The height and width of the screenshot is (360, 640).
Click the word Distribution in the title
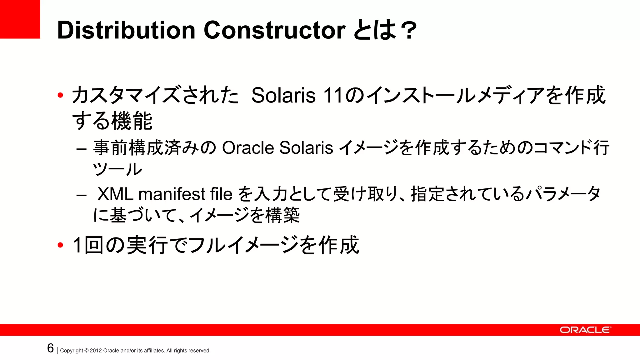pyautogui.click(x=126, y=30)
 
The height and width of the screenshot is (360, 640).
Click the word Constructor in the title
pyautogui.click(x=274, y=30)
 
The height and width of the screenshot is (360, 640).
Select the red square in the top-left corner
pyautogui.click(x=20, y=19)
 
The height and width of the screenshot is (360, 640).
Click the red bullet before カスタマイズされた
pyautogui.click(x=60, y=95)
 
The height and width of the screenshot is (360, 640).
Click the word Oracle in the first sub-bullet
pyautogui.click(x=247, y=148)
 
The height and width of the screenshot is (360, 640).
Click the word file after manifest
pyautogui.click(x=221, y=194)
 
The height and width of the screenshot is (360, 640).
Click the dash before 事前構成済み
pyautogui.click(x=81, y=149)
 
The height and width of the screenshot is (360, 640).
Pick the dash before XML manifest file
pyautogui.click(x=81, y=196)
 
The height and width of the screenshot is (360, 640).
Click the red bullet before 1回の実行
pyautogui.click(x=60, y=245)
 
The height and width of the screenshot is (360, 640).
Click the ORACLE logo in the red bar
pyautogui.click(x=585, y=330)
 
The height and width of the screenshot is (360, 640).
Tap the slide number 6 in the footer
pyautogui.click(x=50, y=348)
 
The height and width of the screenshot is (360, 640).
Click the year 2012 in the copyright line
pyautogui.click(x=96, y=351)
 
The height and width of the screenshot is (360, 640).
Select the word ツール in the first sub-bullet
pyautogui.click(x=117, y=169)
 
